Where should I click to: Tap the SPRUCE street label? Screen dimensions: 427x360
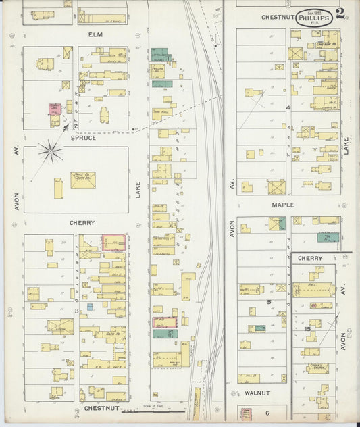pos(82,137)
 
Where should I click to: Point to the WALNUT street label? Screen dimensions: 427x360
pos(257,392)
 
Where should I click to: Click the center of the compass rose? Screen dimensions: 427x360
pos(50,151)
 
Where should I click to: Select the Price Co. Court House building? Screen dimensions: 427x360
pos(82,179)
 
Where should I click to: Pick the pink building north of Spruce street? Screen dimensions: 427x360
pos(54,109)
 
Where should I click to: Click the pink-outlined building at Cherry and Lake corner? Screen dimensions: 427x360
pos(115,243)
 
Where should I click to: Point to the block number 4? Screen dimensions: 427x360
pos(288,107)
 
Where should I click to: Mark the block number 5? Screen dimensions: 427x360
pos(268,301)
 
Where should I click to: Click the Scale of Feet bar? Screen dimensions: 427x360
pos(162,410)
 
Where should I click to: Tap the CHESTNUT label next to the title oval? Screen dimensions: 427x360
pos(274,17)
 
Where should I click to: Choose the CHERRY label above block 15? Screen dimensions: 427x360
pos(310,258)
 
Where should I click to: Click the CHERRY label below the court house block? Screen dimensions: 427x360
pos(81,222)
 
